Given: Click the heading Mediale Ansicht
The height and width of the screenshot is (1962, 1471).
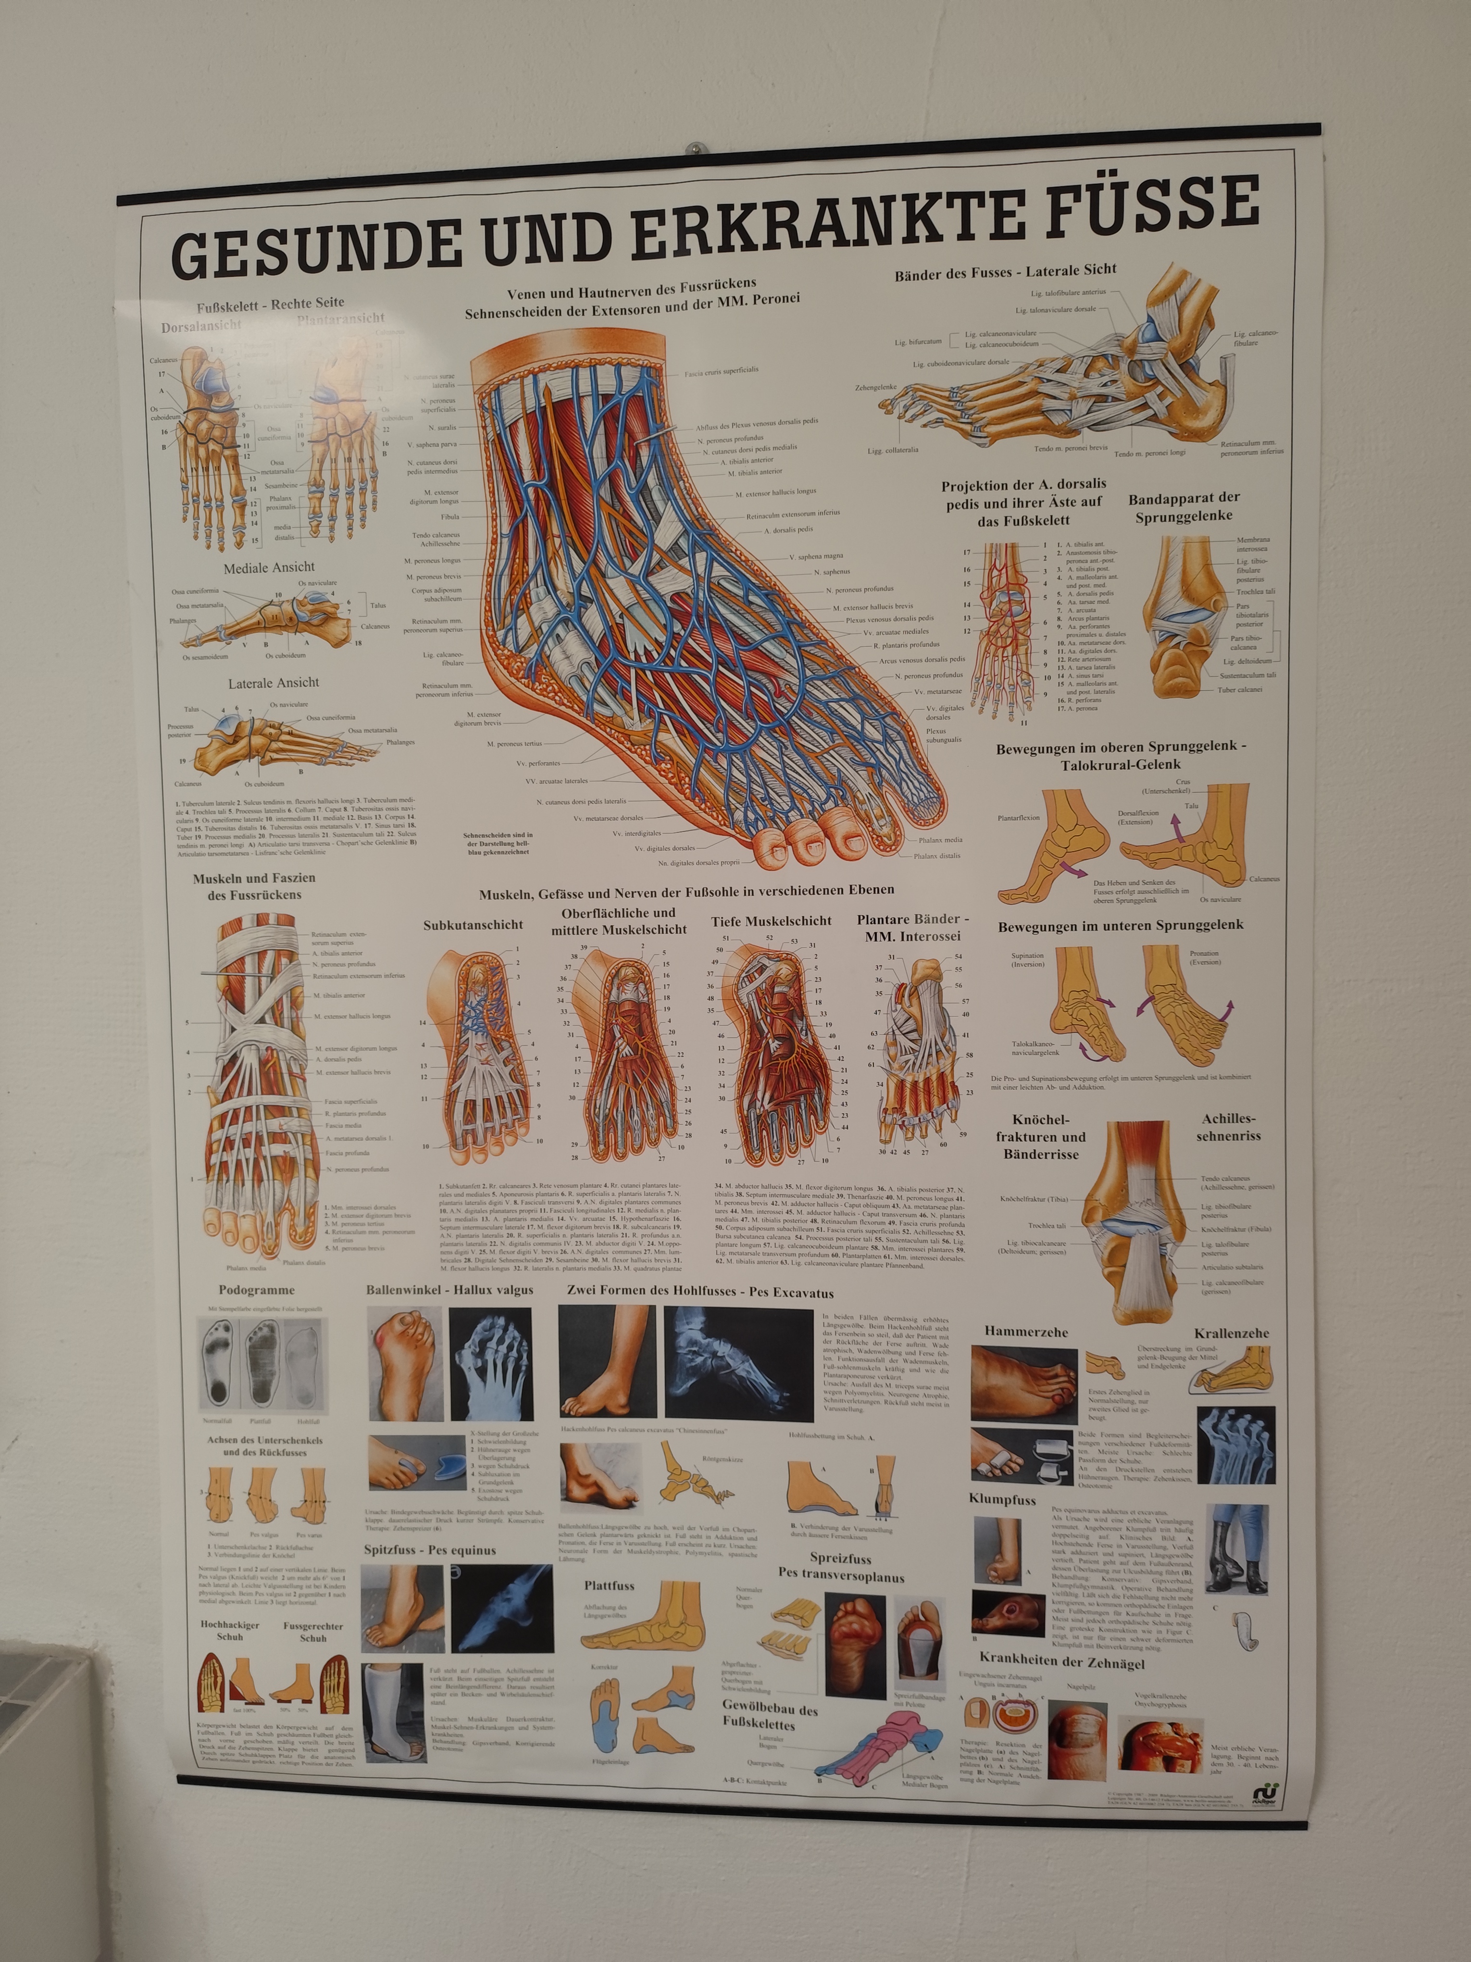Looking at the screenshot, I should (x=269, y=567).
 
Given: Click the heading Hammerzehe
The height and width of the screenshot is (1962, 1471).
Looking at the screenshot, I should (x=1026, y=1332).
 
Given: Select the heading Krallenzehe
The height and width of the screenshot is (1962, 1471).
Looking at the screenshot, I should (x=1231, y=1333).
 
